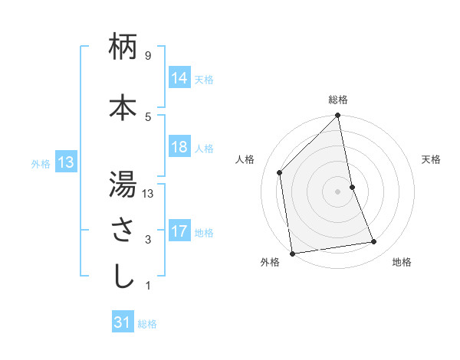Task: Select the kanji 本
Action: pos(123,108)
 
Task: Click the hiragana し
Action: pos(123,276)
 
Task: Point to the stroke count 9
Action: pos(147,56)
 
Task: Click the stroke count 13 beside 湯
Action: pos(148,193)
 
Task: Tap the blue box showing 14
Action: pos(179,77)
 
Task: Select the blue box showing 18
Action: pos(179,147)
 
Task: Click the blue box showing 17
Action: pos(179,231)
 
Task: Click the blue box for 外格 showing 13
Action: pos(65,162)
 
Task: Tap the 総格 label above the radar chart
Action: pos(338,100)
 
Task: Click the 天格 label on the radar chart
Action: pos(431,159)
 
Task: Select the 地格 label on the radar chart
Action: pos(402,262)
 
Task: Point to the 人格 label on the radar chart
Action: pos(245,159)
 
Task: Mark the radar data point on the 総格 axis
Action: pos(338,116)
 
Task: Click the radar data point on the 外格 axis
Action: pos(292,253)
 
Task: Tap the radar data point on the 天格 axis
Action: pos(353,187)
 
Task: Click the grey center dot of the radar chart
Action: pos(338,191)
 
